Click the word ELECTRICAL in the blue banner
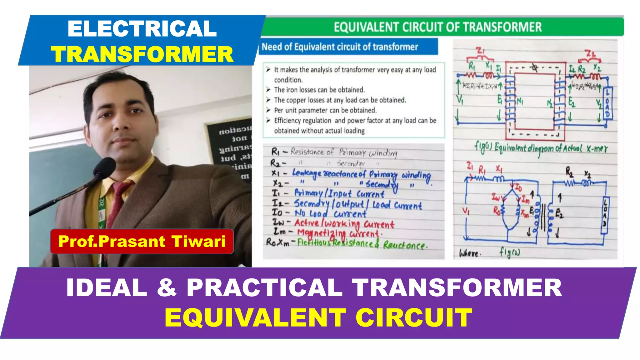click(x=142, y=29)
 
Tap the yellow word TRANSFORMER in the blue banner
click(x=142, y=54)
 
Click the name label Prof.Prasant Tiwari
click(x=142, y=241)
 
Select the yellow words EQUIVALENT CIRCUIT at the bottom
click(x=318, y=317)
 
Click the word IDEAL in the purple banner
click(x=107, y=287)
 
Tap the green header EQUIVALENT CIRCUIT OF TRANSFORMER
click(x=437, y=27)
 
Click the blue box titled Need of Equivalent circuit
click(x=348, y=47)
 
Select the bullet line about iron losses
click(x=319, y=90)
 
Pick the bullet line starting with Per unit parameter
click(x=325, y=110)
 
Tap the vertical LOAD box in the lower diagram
click(x=604, y=216)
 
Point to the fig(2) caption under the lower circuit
click(x=510, y=252)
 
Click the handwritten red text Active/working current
click(x=344, y=223)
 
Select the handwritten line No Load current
click(x=330, y=213)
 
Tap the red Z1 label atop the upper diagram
click(x=480, y=51)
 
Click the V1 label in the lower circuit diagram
click(x=466, y=212)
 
